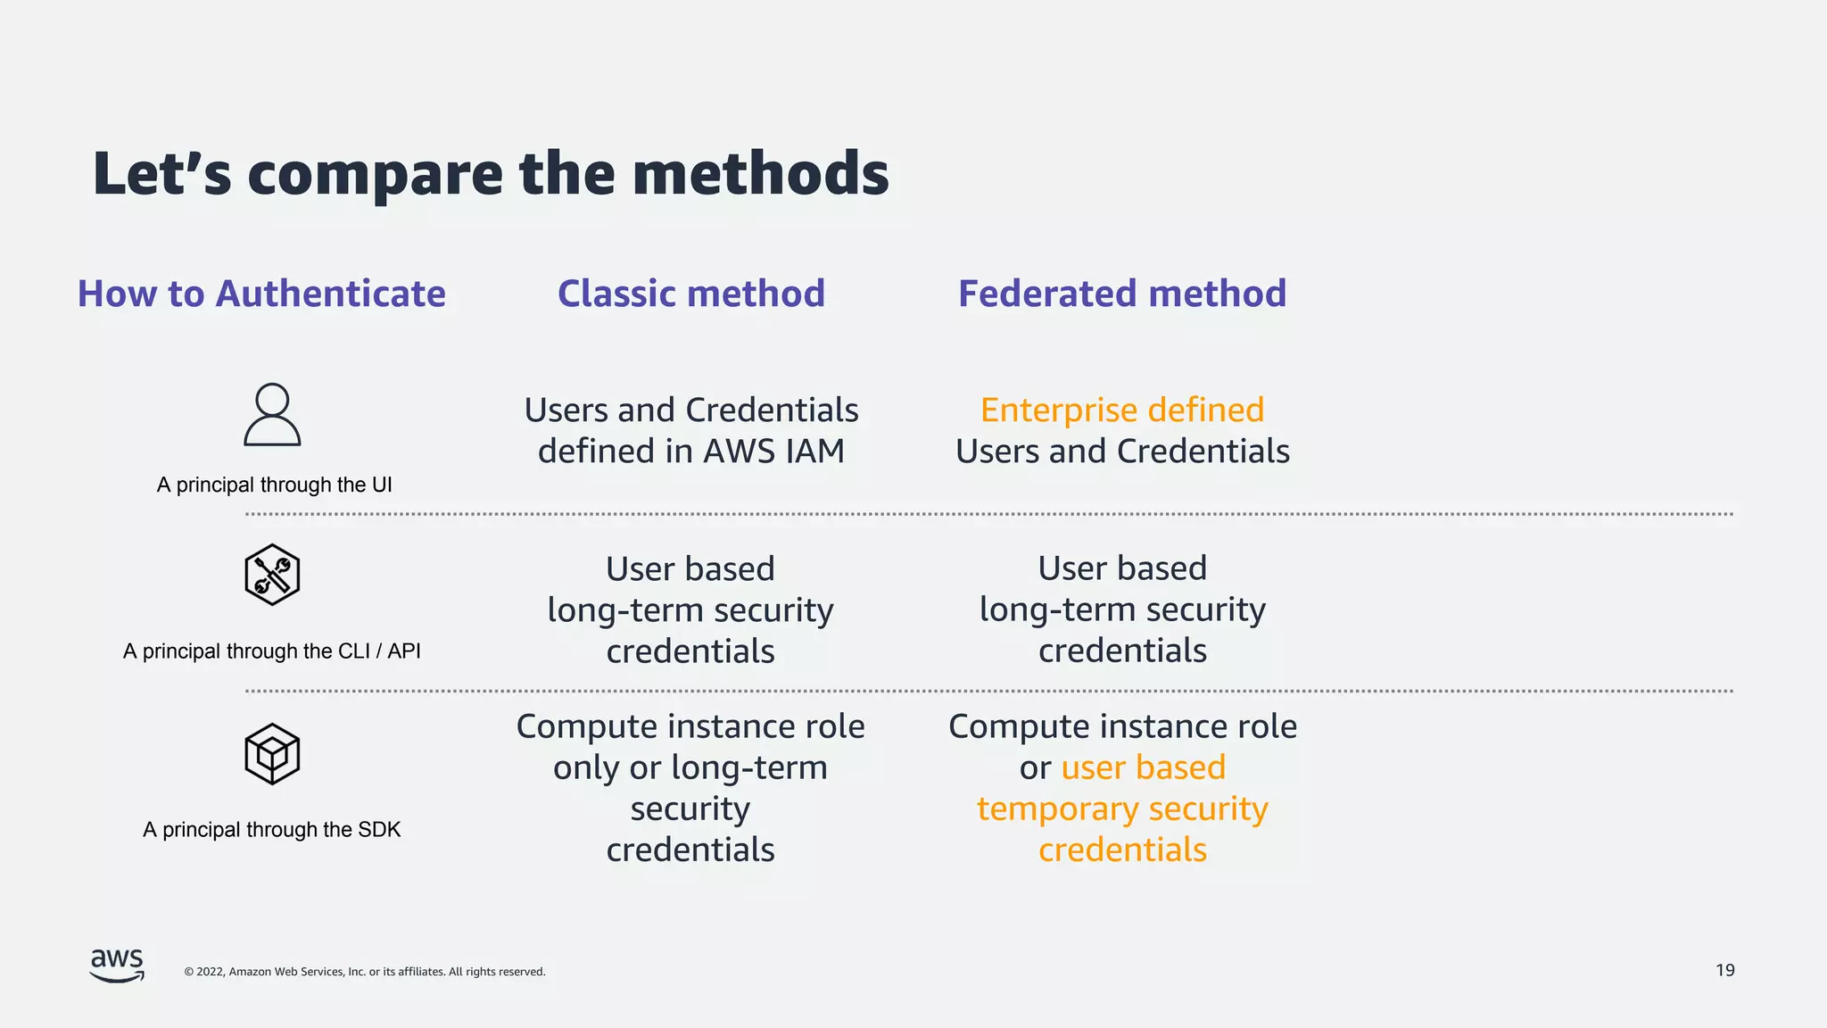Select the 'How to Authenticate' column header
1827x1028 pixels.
point(261,294)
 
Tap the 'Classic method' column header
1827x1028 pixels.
point(691,294)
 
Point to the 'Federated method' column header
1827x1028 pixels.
point(1122,294)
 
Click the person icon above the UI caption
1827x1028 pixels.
point(272,415)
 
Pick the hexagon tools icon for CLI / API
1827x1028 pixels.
point(272,575)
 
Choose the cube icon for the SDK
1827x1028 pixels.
point(272,754)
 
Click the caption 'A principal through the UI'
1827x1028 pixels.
point(274,485)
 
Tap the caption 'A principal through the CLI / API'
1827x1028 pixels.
point(272,651)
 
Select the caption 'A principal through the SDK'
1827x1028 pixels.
point(272,830)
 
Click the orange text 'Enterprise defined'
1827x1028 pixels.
point(1122,410)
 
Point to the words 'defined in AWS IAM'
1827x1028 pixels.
point(691,452)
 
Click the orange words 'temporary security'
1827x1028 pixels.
point(1122,808)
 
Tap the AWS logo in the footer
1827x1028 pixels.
point(117,966)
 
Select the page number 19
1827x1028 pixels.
point(1724,970)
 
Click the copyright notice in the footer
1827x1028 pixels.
point(365,972)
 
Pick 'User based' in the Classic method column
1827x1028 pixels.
point(690,568)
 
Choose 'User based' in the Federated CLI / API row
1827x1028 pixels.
point(1122,568)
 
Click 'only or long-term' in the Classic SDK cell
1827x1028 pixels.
point(690,767)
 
